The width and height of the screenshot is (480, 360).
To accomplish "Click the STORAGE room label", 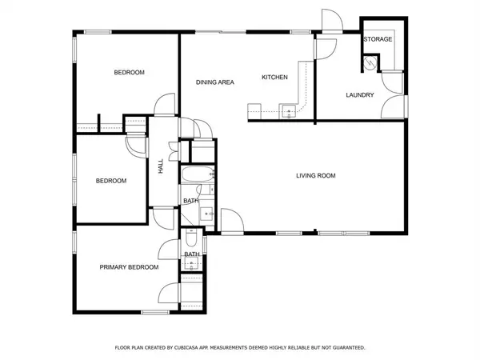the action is pyautogui.click(x=378, y=39).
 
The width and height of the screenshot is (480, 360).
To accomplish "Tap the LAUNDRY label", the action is pyautogui.click(x=360, y=95).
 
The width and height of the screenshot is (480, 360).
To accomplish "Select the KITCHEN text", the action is pyautogui.click(x=274, y=77).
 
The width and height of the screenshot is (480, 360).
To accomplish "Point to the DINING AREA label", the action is pyautogui.click(x=215, y=82).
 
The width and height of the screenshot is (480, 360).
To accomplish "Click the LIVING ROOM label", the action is pyautogui.click(x=316, y=176).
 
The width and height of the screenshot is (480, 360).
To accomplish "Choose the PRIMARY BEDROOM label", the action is pyautogui.click(x=129, y=267).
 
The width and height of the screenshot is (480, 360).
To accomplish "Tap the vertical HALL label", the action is pyautogui.click(x=161, y=166).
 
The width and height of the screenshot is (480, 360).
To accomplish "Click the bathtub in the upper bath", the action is pyautogui.click(x=198, y=175).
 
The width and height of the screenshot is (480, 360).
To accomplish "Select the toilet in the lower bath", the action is pyautogui.click(x=191, y=238).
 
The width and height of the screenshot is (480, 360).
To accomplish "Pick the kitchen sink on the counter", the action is pyautogui.click(x=289, y=111).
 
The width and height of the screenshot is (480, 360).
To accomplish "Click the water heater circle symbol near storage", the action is pyautogui.click(x=370, y=62).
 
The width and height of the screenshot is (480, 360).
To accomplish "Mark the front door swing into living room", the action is pyautogui.click(x=232, y=221).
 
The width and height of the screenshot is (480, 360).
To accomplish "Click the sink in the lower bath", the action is pyautogui.click(x=192, y=264).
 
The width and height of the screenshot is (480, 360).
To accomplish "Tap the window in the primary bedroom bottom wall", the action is pyautogui.click(x=155, y=312).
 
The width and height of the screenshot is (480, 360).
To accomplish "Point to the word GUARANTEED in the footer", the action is pyautogui.click(x=349, y=348).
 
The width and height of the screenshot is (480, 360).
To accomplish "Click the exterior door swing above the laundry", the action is pyautogui.click(x=332, y=20).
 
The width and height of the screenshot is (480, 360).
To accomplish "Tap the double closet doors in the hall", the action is pyautogui.click(x=174, y=151).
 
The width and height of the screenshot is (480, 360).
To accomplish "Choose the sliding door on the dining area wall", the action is pyautogui.click(x=221, y=32).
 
